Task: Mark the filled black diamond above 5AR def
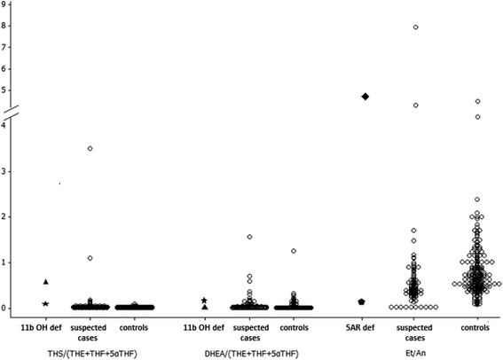tap(364, 96)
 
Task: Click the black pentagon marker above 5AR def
tap(361, 301)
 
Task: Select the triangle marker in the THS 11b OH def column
tap(45, 282)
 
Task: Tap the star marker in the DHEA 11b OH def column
tap(204, 301)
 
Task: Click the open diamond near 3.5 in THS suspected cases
tap(90, 148)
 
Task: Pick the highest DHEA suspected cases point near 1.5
tap(249, 237)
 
